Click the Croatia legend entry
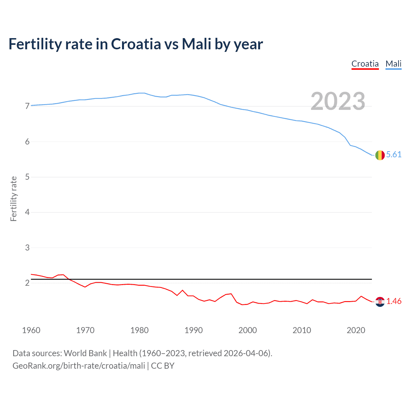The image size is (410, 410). (365, 64)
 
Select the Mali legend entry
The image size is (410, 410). (393, 64)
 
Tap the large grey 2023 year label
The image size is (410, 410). (338, 101)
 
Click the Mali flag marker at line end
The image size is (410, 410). (380, 155)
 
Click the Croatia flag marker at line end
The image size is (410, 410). (380, 301)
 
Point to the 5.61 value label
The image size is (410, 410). (394, 155)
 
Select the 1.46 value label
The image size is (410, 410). (394, 301)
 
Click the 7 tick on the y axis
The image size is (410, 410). (27, 106)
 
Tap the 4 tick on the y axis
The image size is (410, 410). (27, 212)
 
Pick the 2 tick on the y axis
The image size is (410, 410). (27, 283)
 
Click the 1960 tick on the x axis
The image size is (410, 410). (31, 330)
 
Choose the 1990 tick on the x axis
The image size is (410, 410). (193, 330)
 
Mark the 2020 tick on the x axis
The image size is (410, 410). (356, 330)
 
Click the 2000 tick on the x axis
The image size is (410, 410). (248, 330)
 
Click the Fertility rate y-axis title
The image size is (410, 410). (13, 199)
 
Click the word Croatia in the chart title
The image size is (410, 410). (136, 44)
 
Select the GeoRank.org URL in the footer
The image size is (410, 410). (79, 366)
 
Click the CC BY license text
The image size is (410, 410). (163, 366)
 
